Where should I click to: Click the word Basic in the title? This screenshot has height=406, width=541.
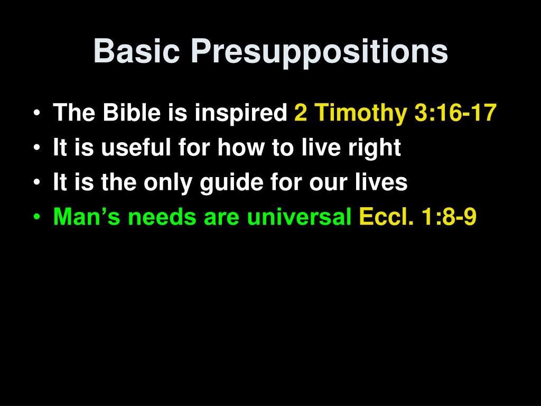coord(137,51)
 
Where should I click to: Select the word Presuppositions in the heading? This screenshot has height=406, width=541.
coord(319,52)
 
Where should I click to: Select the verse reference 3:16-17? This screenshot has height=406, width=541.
coord(455,113)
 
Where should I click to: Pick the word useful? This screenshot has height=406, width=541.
coord(136,147)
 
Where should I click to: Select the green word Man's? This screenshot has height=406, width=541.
coord(87,216)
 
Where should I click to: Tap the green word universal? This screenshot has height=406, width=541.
coord(299,216)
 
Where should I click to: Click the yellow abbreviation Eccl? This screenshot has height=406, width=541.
coord(386,216)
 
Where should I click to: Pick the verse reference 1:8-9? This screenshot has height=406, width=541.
coord(449,216)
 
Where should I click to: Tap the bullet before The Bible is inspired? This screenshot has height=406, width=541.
coord(37,113)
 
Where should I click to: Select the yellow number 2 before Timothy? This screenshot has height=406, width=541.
coord(301,113)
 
